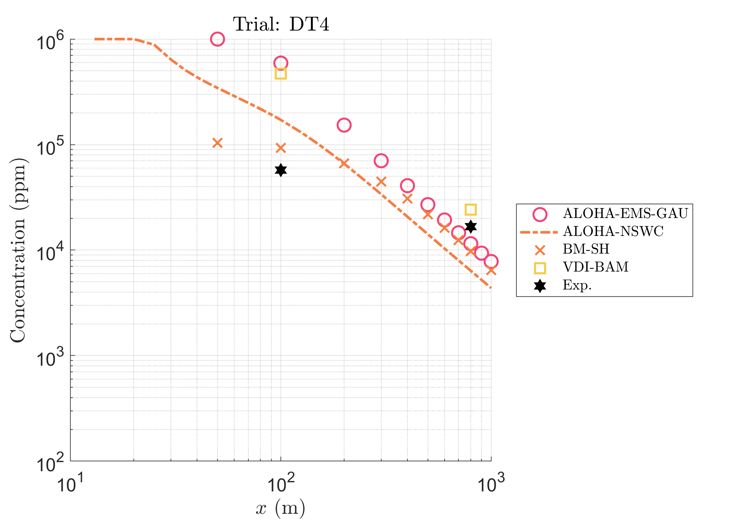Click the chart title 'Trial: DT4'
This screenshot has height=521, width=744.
point(281,24)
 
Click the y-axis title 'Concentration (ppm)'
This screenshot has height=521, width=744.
point(19,250)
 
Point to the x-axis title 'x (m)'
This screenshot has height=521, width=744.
point(281,508)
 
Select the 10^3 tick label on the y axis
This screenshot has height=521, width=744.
point(50,358)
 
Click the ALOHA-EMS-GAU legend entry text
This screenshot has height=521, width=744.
point(625,214)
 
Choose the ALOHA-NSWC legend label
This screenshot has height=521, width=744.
point(613,231)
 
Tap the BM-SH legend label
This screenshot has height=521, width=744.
point(586,249)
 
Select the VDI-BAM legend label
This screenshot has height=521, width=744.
point(596,267)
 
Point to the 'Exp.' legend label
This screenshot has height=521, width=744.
point(577,285)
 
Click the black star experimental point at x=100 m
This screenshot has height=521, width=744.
point(281,170)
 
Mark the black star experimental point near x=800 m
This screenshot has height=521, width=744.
point(471,226)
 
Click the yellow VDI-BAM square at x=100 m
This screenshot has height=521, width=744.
point(281,73)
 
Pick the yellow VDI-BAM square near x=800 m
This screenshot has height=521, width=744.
point(471,210)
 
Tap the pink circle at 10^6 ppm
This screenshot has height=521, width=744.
point(217,39)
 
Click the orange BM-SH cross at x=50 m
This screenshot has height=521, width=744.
point(217,143)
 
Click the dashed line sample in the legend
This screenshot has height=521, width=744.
point(539,232)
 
